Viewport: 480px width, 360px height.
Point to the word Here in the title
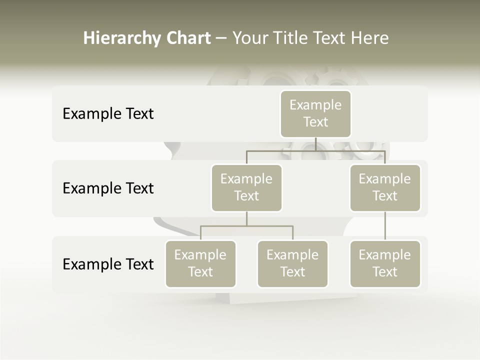pos(369,38)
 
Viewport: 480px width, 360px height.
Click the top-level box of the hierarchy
pos(315,113)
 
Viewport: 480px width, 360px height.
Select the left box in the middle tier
pos(246,187)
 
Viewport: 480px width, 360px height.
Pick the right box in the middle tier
pos(385,187)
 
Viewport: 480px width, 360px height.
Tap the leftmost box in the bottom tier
pos(200,263)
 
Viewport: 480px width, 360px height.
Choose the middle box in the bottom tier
pos(292,263)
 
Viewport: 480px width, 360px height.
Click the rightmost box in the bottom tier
pos(385,263)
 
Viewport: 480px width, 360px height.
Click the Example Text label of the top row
pos(108,114)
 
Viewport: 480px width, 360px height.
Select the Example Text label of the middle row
pos(108,188)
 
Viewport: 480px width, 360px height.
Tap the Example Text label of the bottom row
pos(108,264)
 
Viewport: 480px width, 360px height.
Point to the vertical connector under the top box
pos(315,144)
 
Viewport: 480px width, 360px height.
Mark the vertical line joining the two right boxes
pos(385,226)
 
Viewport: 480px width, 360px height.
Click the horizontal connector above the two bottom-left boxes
pos(246,226)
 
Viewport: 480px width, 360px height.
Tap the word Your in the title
pos(250,38)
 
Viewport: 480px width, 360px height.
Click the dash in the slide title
pos(221,38)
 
